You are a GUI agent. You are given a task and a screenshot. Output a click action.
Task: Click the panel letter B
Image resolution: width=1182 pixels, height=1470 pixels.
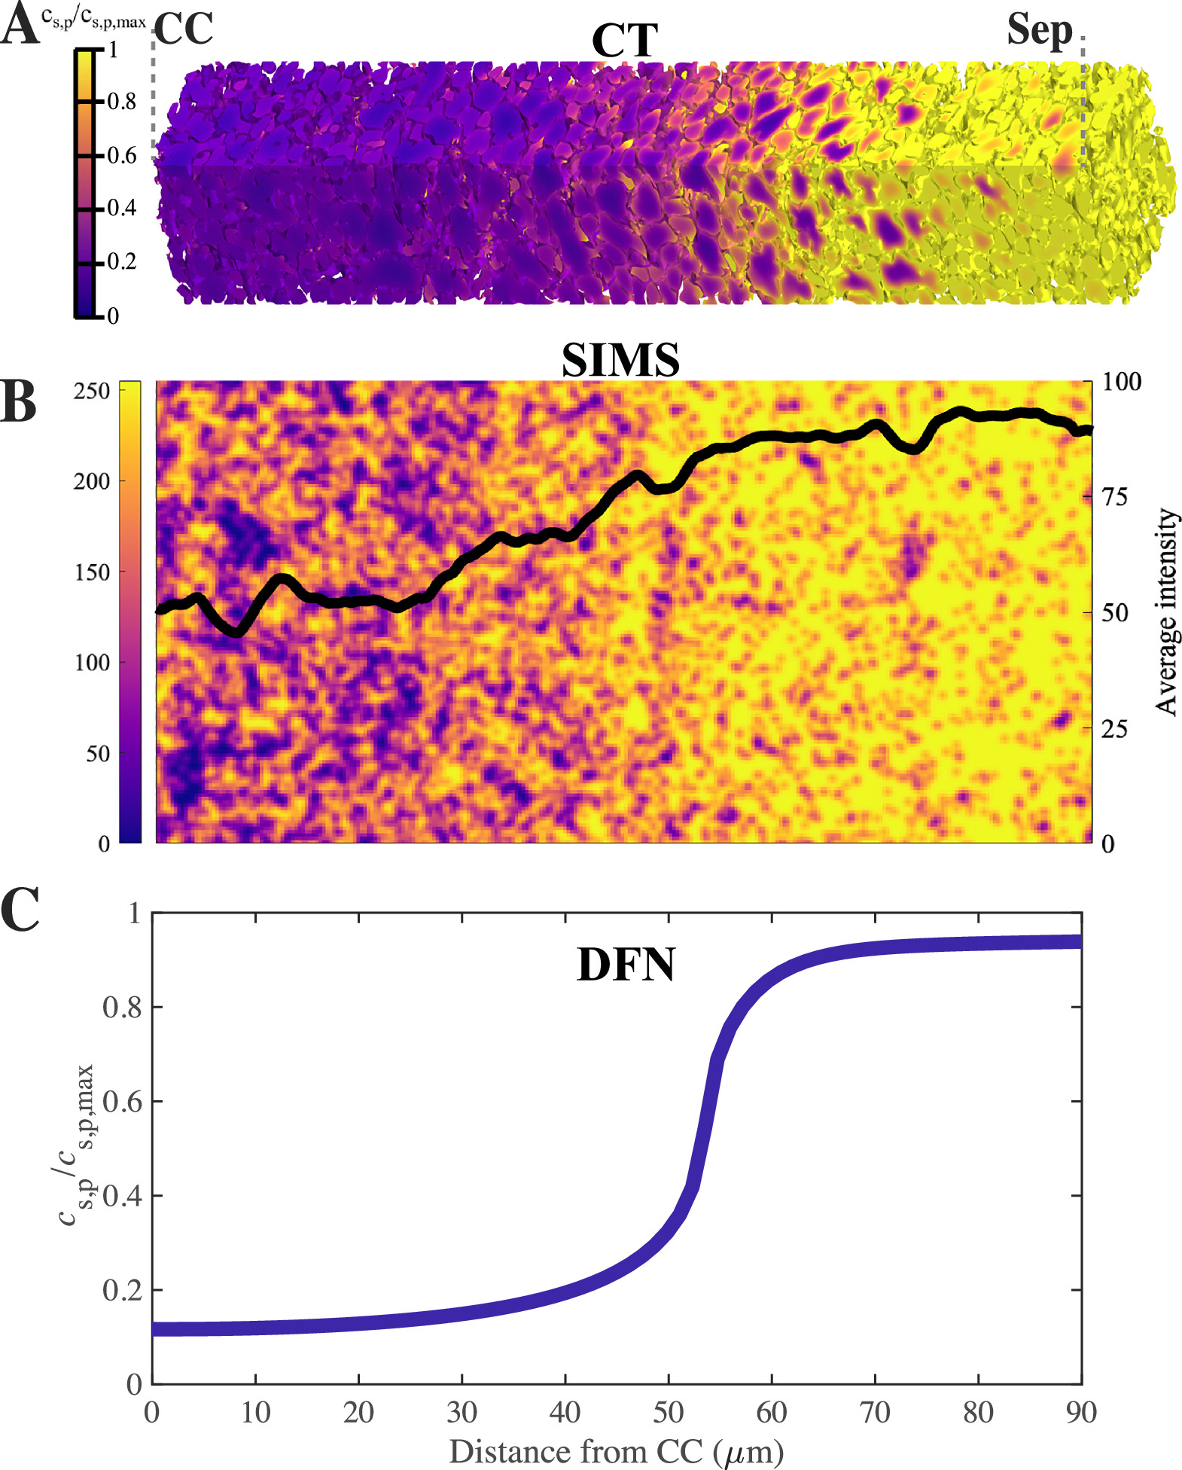pos(18,402)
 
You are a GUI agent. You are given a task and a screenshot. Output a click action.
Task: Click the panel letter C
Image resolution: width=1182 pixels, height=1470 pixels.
pos(20,910)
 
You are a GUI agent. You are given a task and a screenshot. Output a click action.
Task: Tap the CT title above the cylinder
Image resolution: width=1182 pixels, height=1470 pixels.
pos(624,41)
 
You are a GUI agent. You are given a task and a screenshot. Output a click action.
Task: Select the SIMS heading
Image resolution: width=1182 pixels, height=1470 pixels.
pos(620,361)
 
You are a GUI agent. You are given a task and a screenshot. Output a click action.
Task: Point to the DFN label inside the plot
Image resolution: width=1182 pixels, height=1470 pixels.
pos(626,965)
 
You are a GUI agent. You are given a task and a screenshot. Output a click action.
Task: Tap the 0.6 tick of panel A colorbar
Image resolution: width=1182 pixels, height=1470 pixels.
pos(120,156)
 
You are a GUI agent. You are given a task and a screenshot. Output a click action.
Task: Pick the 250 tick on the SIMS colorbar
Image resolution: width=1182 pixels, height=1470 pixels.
pos(92,391)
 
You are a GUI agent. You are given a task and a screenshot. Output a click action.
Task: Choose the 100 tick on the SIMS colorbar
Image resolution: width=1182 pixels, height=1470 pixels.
pos(92,663)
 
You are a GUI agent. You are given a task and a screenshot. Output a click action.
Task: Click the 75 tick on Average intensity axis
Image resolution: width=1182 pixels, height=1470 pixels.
pos(1114,497)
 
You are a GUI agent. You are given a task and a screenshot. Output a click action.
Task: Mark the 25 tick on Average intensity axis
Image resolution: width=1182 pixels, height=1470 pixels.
pos(1114,728)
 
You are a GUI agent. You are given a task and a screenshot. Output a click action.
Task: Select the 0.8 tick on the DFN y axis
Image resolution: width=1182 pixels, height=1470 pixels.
pos(122,1008)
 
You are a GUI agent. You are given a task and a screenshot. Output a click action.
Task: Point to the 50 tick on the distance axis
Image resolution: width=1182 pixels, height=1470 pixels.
pos(668,1412)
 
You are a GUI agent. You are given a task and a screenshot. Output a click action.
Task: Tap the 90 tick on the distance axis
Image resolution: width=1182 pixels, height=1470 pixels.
pos(1081,1412)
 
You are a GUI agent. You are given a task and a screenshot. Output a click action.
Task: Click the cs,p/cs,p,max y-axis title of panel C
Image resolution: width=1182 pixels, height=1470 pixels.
pos(77,1146)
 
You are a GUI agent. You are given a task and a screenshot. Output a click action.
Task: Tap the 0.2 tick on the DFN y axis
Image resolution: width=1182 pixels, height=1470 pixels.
pos(122,1290)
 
